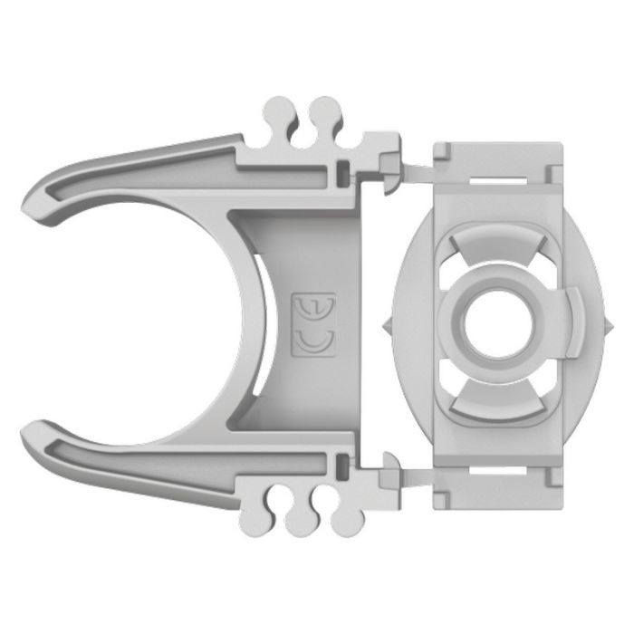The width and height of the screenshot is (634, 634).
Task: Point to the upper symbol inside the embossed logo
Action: pos(311,307)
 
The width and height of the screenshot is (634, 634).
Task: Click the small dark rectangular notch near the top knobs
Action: pos(341,170)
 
